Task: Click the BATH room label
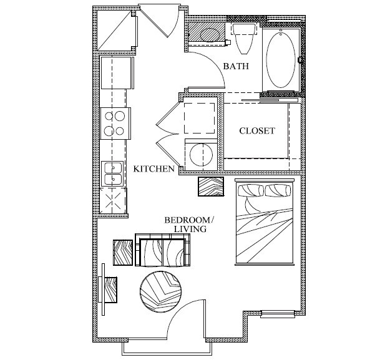tap(236, 66)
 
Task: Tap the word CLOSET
tap(257, 131)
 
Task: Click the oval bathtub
tap(280, 59)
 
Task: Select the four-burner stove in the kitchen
tap(116, 123)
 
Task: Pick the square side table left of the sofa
tap(124, 253)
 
